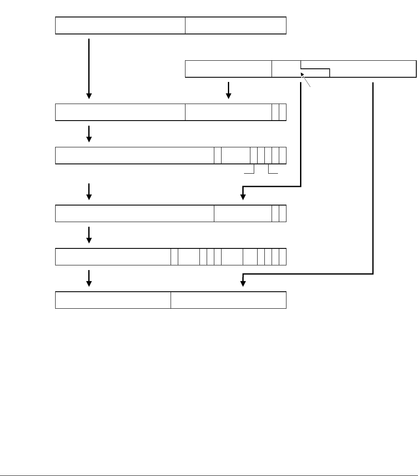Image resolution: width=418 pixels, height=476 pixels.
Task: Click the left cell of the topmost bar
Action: tap(120, 25)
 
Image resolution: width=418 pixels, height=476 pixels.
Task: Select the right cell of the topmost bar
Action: tap(236, 25)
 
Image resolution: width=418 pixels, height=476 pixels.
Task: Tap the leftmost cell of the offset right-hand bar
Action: tap(228, 69)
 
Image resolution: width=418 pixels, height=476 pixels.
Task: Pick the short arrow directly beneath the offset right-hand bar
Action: tap(229, 90)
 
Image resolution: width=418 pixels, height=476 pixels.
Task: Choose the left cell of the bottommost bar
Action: tap(113, 300)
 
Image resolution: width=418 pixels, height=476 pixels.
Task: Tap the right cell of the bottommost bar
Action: tap(228, 300)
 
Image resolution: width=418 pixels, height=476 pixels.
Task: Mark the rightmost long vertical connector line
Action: tap(373, 178)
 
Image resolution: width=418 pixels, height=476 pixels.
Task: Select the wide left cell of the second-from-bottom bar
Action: tap(113, 256)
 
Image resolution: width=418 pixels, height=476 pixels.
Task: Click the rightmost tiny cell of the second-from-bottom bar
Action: tap(283, 256)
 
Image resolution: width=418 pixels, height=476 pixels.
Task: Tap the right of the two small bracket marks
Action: tap(273, 171)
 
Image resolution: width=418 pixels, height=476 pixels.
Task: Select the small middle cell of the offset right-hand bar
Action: tap(286, 69)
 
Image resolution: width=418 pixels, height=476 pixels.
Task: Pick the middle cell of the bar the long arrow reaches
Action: tap(228, 112)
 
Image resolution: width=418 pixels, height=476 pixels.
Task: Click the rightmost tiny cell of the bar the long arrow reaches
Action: tap(283, 112)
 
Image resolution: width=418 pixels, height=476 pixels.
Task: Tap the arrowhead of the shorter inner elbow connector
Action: tap(243, 196)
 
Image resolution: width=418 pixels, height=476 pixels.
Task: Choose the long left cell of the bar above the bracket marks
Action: tap(135, 155)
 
